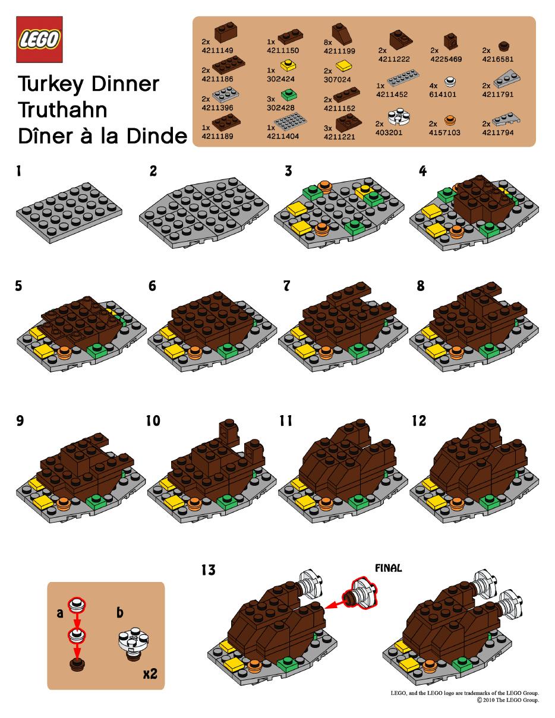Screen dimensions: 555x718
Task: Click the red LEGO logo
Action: pos(39,39)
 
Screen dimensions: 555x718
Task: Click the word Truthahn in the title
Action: pos(62,110)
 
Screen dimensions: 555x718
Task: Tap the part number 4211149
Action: pos(217,50)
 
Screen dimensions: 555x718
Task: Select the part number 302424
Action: pos(280,79)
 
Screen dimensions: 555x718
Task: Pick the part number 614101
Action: pos(443,94)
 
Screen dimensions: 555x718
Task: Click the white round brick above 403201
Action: pos(398,116)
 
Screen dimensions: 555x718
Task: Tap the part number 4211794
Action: pos(498,132)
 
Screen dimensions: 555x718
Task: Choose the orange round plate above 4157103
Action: pos(449,121)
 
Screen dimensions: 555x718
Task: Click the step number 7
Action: pos(286,286)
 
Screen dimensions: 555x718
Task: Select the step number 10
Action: pos(153,420)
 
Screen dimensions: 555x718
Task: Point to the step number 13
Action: pos(209,570)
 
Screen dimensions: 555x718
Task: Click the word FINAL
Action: pos(389,568)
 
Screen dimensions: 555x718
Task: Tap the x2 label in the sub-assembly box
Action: pos(150,673)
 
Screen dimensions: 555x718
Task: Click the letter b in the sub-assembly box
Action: pos(119,612)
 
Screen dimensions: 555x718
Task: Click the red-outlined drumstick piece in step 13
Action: pos(360,593)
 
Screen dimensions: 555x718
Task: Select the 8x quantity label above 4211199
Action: pos(328,42)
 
